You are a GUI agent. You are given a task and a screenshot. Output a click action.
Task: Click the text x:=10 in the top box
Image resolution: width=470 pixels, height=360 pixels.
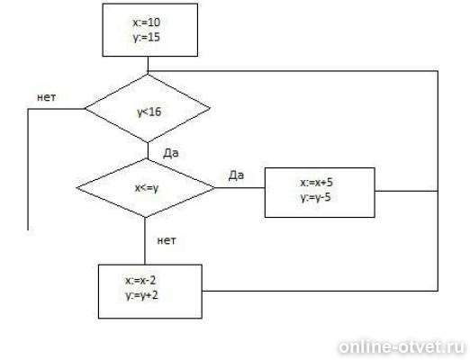coord(147,22)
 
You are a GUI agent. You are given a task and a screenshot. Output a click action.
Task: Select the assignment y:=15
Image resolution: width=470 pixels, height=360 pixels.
coord(147,38)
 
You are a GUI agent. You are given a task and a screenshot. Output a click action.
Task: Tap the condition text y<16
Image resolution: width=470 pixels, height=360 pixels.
coord(149,112)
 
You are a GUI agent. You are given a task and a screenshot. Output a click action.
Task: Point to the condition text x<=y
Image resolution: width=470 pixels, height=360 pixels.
coord(147,188)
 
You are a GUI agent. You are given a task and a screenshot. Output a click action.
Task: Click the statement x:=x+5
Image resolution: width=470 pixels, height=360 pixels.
coord(316,183)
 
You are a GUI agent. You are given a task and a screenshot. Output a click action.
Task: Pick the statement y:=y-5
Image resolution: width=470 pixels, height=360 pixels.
coord(315,198)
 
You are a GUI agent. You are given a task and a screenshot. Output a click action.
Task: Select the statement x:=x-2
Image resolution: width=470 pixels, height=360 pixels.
coord(140,281)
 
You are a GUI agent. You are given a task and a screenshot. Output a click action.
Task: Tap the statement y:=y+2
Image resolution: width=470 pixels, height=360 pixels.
coord(141,295)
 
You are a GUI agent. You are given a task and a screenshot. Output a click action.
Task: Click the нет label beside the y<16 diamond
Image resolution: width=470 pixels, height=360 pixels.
coord(46,97)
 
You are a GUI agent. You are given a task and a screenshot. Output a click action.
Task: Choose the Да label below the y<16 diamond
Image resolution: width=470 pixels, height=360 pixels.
coord(171,153)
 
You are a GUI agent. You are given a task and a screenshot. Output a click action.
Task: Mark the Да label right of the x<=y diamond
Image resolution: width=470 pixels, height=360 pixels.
coord(236,175)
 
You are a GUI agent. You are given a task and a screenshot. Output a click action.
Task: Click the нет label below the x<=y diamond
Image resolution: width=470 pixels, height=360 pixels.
coord(167,240)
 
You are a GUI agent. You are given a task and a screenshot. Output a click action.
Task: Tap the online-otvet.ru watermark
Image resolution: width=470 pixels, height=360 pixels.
coord(402,347)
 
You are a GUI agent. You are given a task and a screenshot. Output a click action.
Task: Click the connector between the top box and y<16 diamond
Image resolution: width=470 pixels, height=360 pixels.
coord(148,66)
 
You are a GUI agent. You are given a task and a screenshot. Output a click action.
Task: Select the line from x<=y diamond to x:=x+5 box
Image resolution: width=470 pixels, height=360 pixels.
coord(240,188)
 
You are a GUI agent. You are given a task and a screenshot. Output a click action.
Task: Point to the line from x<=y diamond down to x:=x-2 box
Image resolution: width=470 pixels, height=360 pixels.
coord(145,241)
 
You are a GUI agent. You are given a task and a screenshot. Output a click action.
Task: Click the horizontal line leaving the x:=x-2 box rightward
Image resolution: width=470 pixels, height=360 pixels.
coord(320,291)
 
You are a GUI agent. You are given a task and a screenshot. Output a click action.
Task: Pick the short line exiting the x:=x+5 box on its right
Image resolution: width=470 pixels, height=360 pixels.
coord(406,191)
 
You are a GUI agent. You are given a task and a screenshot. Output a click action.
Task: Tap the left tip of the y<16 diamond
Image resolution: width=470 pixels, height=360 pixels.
coord(86,109)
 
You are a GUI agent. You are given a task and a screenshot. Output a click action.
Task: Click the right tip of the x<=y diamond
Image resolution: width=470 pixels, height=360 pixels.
coord(215,188)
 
